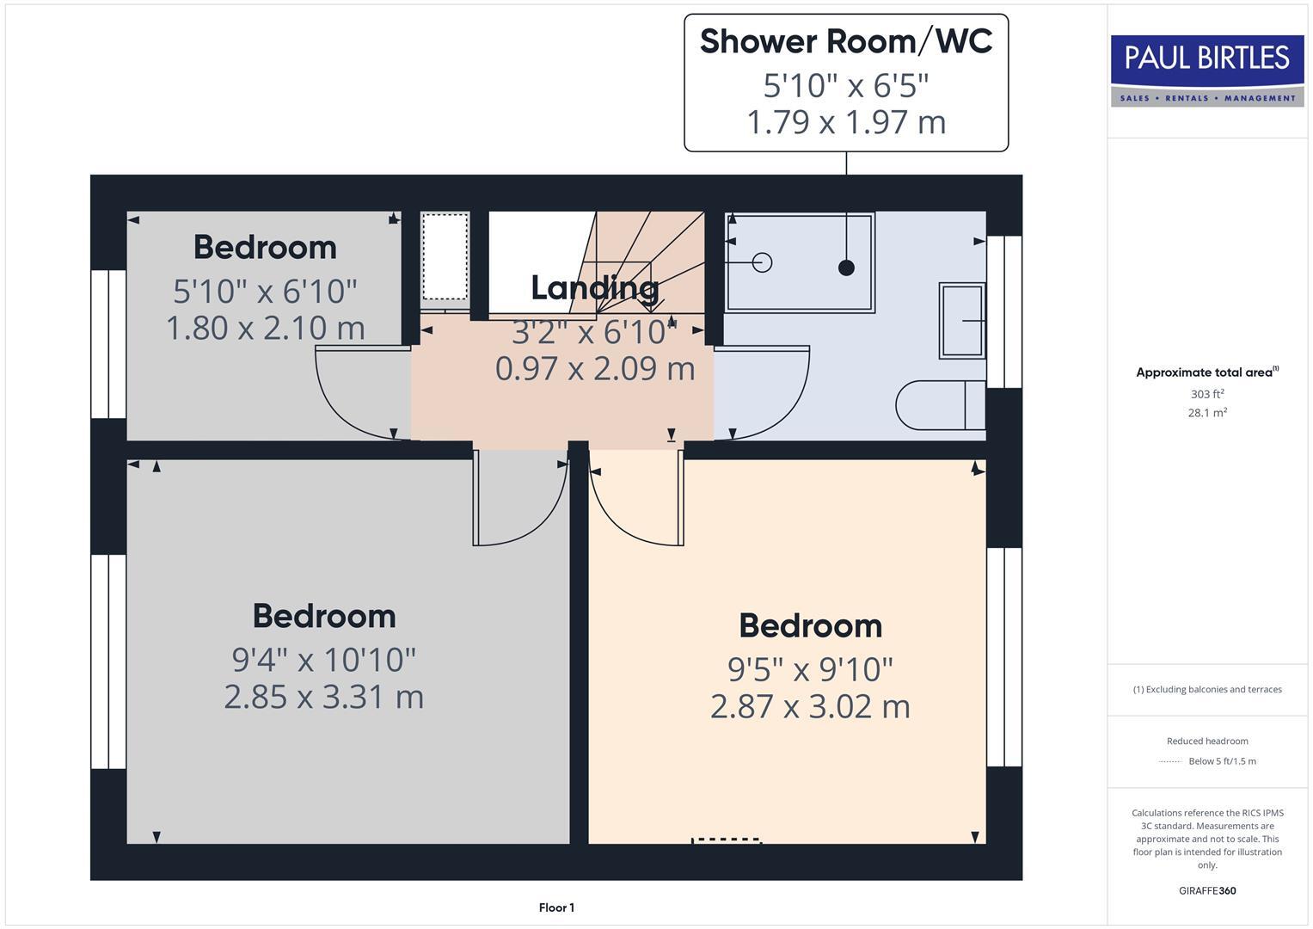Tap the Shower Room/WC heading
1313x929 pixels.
click(x=846, y=42)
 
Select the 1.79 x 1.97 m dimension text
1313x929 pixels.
click(x=846, y=122)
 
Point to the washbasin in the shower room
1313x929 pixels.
click(x=961, y=320)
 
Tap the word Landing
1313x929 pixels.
click(x=595, y=288)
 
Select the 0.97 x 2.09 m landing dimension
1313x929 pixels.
click(x=595, y=368)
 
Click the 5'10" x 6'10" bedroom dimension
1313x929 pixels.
click(x=265, y=292)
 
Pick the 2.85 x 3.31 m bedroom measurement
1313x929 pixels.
click(x=324, y=697)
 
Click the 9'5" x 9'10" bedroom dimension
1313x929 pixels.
click(x=810, y=669)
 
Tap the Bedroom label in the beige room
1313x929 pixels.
click(x=810, y=626)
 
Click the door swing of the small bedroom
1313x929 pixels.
click(x=357, y=391)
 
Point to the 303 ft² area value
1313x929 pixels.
click(x=1207, y=394)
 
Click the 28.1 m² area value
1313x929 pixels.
click(x=1207, y=413)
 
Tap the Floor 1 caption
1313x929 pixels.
click(x=556, y=907)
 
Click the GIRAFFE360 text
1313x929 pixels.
click(x=1207, y=890)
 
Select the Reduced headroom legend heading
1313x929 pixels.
click(x=1207, y=741)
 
